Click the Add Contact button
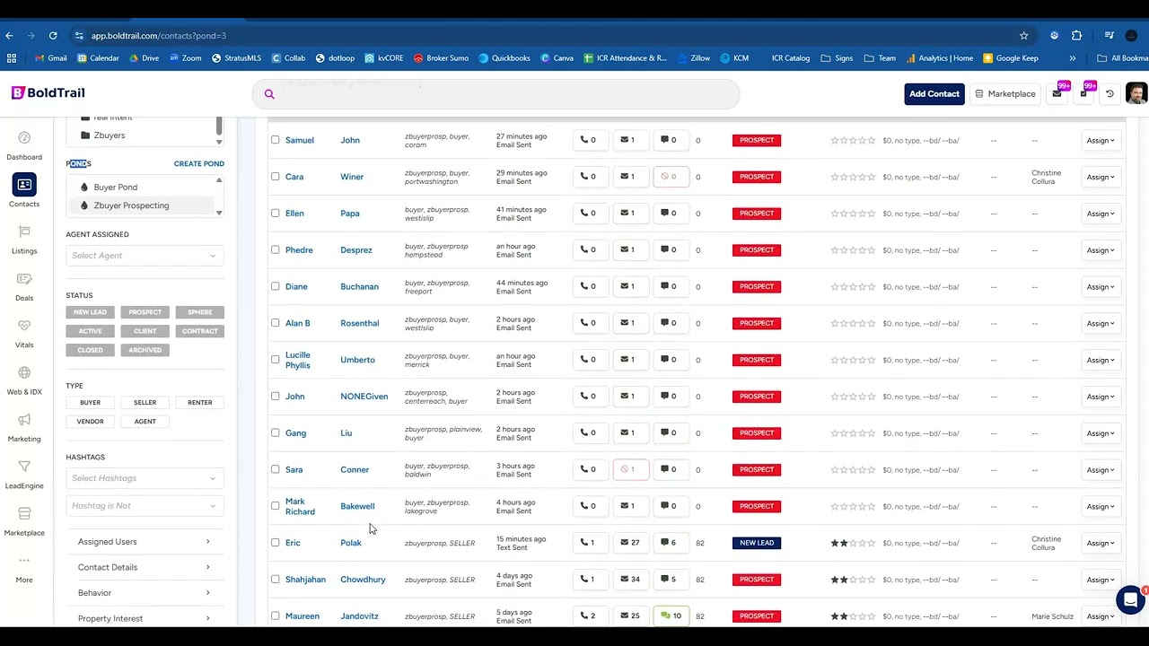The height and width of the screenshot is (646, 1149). click(x=934, y=94)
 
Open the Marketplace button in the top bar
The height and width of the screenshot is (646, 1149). click(x=1005, y=94)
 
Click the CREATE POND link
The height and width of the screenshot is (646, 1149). click(x=198, y=163)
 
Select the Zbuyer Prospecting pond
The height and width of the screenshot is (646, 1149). click(x=131, y=205)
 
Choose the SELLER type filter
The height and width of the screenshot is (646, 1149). click(x=145, y=403)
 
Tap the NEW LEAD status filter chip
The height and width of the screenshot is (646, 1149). click(x=90, y=312)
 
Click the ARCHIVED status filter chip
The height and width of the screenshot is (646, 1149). click(x=145, y=350)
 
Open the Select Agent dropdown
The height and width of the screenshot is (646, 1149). click(x=144, y=256)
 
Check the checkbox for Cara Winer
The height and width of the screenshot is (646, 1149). click(x=276, y=177)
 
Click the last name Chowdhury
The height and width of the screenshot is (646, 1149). click(x=363, y=580)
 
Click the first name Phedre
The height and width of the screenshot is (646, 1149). click(x=299, y=250)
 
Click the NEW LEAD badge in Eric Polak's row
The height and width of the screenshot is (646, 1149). click(x=757, y=543)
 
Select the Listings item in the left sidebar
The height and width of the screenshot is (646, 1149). click(x=24, y=240)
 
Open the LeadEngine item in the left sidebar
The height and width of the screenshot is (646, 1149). click(x=24, y=473)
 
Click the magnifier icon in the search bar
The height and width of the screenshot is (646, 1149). click(x=269, y=94)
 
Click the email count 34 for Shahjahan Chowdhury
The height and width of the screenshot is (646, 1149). click(x=630, y=580)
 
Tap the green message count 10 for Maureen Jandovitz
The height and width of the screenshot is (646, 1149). click(x=671, y=616)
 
